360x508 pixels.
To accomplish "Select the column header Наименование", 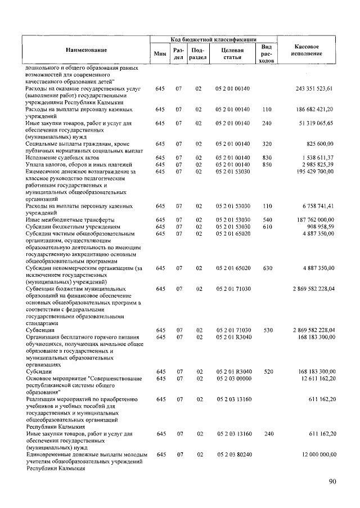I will point(85,50).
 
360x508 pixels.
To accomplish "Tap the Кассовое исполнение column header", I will point(307,49).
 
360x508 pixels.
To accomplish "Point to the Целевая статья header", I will point(232,53).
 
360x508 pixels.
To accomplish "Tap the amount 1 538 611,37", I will point(317,157).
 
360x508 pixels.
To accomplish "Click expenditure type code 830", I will point(267,157).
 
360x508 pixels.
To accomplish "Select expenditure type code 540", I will point(267,219).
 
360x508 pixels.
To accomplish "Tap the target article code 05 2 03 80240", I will point(232,454).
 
